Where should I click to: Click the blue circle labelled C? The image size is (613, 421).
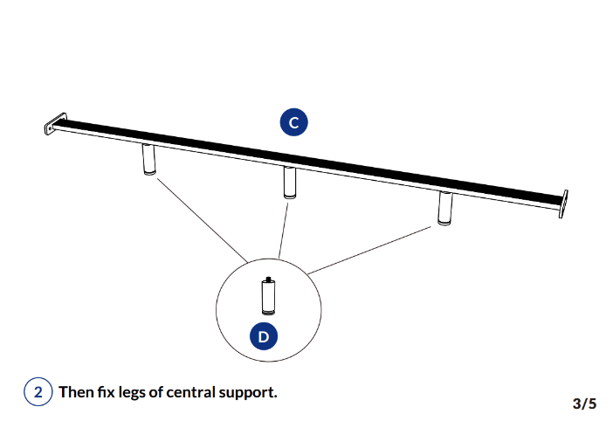click(x=293, y=123)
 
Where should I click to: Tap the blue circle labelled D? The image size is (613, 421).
click(x=263, y=336)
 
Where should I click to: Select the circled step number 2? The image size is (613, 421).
click(x=38, y=392)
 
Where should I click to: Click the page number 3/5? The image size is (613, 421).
click(x=584, y=404)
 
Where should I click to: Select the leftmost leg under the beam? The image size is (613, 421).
click(x=149, y=161)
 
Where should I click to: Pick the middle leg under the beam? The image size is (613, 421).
click(x=289, y=182)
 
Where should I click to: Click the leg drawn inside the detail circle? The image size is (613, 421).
click(x=269, y=298)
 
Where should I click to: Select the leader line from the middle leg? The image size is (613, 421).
click(x=282, y=229)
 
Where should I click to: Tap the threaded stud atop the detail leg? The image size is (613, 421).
click(x=269, y=280)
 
